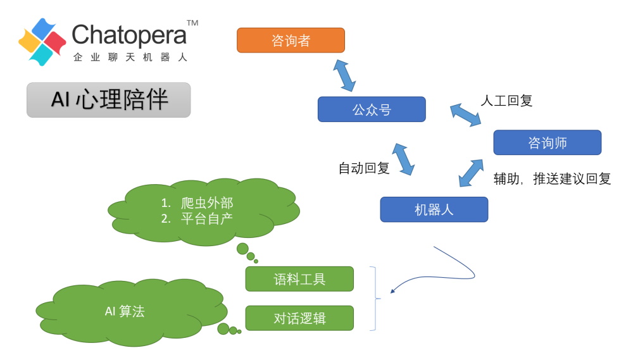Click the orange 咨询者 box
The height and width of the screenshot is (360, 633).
pos(291,40)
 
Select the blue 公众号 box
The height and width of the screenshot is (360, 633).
pos(372,109)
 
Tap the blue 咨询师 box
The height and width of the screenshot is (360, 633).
pos(547,142)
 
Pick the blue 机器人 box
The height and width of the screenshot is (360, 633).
pos(434,209)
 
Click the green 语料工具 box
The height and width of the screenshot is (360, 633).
pos(299,279)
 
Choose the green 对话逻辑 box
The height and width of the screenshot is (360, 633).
pos(299,318)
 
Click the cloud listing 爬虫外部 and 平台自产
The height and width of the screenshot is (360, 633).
pos(203,211)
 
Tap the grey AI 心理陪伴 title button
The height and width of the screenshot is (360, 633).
pos(108,100)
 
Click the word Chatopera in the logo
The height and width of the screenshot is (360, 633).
pos(129,35)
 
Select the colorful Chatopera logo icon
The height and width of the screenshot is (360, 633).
pos(42,42)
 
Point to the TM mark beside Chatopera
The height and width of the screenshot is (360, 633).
pos(193,23)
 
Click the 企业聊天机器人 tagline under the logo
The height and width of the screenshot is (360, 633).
pos(130,57)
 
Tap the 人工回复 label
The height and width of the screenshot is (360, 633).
pos(506,101)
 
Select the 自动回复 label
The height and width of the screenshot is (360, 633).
pos(363,168)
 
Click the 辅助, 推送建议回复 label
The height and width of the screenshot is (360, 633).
pos(552,179)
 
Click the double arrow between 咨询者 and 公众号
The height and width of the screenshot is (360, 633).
pos(344,75)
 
